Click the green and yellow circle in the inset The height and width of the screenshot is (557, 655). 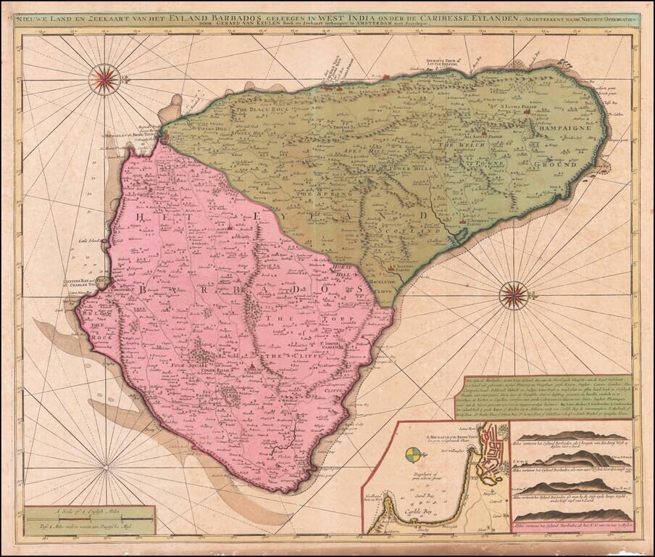412,455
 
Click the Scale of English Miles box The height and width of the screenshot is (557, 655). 89,521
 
